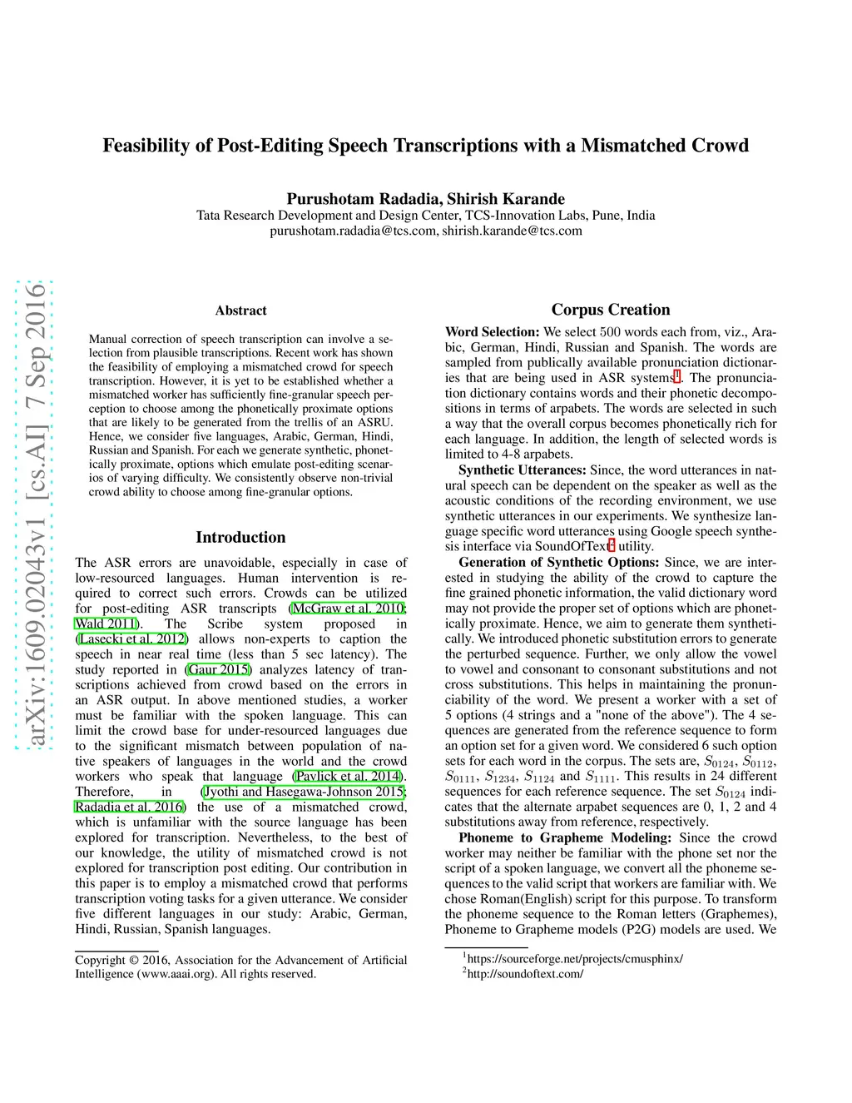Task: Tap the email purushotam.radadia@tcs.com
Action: [354, 231]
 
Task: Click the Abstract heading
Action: [240, 311]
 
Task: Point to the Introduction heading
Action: [240, 537]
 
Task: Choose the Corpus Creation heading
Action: [610, 310]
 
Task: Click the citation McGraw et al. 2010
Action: [348, 609]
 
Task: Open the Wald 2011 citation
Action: [106, 624]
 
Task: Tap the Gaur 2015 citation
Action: [219, 669]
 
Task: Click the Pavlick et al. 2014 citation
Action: [348, 777]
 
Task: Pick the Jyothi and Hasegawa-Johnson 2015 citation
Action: [304, 792]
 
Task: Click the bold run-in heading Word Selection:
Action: [492, 332]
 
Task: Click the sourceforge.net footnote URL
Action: [575, 959]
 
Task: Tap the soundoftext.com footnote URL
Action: [525, 974]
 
